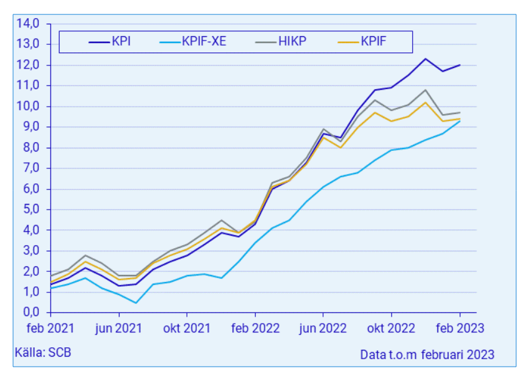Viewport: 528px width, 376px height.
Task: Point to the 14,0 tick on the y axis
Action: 29,24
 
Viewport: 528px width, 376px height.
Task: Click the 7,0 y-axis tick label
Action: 29,168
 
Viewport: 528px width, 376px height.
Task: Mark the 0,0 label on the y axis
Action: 29,312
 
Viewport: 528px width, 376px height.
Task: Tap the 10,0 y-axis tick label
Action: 29,106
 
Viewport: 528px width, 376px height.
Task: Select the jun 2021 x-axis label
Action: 119,327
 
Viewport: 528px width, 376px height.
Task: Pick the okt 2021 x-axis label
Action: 187,327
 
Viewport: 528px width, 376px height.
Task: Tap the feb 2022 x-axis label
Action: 255,327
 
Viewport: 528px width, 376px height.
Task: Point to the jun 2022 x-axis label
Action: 323,327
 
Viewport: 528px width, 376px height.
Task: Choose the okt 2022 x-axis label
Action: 392,327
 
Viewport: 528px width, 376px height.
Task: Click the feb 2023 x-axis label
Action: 460,327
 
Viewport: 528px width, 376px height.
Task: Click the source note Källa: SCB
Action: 43,352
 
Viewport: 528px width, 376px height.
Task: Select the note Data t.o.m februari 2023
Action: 427,354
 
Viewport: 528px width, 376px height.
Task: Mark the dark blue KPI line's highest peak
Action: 425,59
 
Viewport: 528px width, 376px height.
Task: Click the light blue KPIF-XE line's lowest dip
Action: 136,302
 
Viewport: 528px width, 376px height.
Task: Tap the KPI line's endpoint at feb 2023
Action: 460,65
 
